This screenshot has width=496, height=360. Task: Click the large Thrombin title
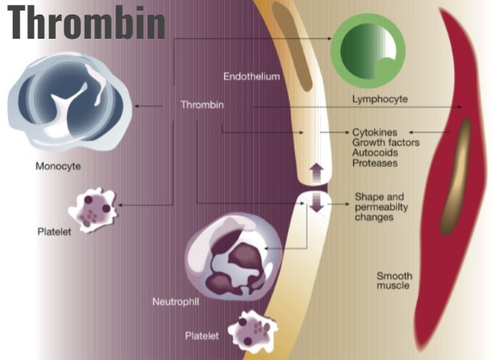pos(86,23)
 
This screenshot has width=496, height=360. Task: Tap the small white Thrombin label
pos(202,105)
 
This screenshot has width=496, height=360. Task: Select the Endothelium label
pos(251,77)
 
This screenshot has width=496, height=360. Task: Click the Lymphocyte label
pos(380,99)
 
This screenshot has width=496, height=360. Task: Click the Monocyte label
pos(58,167)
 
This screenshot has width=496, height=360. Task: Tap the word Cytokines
pos(376,132)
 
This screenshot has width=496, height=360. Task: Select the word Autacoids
pos(377,153)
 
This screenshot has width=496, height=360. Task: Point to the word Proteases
pos(375,163)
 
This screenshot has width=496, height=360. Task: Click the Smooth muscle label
pos(394,281)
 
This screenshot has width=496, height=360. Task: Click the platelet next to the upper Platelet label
pos(94,208)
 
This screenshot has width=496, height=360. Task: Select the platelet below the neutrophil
pos(252,332)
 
